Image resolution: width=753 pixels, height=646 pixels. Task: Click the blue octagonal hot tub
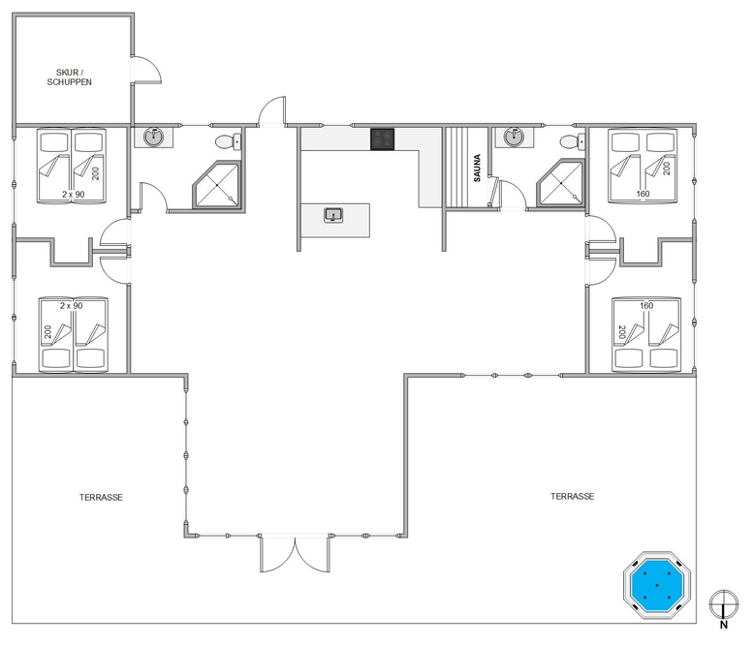tap(656, 586)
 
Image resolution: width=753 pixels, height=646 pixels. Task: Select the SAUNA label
tap(477, 168)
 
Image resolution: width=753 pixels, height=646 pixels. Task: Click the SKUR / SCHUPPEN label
tap(70, 77)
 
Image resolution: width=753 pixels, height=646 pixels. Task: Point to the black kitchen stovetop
tap(382, 139)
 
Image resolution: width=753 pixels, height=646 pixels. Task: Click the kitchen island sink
tap(333, 215)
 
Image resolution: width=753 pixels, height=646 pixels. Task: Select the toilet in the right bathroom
tap(573, 141)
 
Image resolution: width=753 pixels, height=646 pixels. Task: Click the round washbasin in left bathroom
tap(154, 138)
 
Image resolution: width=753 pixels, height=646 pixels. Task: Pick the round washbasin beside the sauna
tap(514, 138)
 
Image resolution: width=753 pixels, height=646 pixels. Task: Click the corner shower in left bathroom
tap(217, 185)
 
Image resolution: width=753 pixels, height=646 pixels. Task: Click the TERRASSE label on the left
tap(101, 498)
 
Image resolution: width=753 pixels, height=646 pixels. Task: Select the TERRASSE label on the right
tap(572, 496)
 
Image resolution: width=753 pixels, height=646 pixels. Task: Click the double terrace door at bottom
tap(295, 554)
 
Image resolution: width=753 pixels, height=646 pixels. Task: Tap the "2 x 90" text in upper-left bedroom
tap(73, 195)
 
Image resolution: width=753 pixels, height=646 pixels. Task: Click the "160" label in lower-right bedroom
tap(646, 306)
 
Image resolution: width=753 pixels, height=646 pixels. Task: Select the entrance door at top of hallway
tap(272, 111)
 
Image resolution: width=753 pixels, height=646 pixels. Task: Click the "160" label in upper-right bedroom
tap(643, 194)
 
